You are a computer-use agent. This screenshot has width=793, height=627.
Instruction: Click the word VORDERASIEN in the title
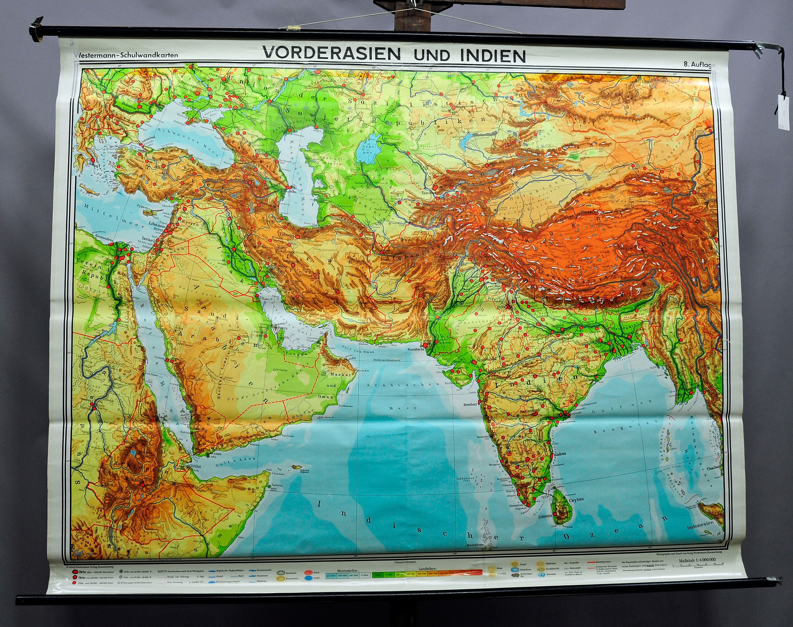[x=331, y=54]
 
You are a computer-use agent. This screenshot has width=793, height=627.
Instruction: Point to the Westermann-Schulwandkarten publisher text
[x=126, y=55]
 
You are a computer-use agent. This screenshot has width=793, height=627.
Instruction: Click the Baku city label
[x=292, y=191]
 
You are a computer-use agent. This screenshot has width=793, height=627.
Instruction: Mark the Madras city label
[x=559, y=454]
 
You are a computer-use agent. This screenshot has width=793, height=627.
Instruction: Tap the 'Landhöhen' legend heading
[x=427, y=569]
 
